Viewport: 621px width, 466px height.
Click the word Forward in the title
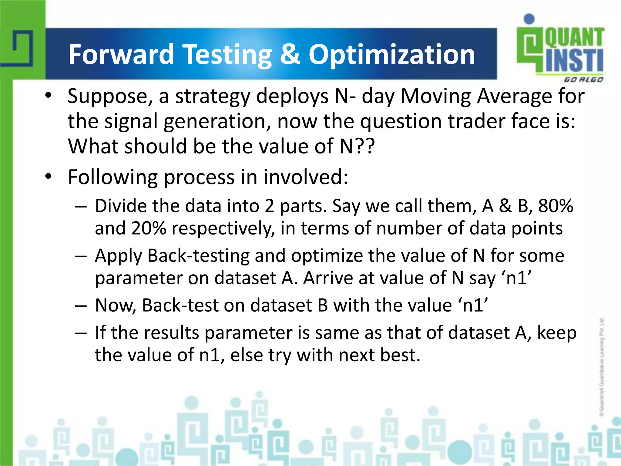point(121,55)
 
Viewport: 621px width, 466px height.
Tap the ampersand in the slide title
point(290,55)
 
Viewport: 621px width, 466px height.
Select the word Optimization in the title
point(391,55)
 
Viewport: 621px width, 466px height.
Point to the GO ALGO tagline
point(583,80)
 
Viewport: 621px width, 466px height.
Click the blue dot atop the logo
point(529,19)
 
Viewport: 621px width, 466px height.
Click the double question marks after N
point(365,146)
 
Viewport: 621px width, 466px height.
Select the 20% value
point(149,228)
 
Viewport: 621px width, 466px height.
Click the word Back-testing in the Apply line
point(198,255)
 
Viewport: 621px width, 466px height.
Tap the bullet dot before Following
point(48,177)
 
